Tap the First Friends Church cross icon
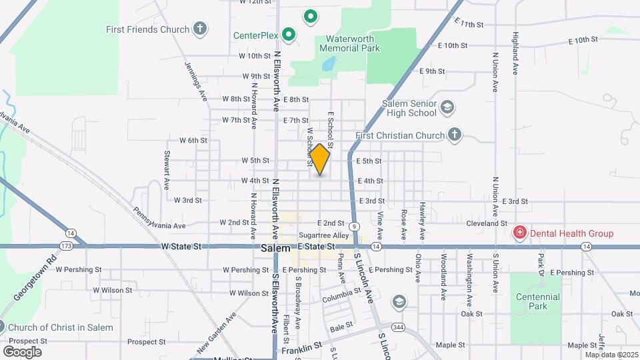(199, 29)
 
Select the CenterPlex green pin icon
(288, 34)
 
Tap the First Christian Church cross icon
(455, 135)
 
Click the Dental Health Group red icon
(519, 233)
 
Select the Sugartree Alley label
(323, 235)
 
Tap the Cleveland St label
(487, 223)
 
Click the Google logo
(21, 351)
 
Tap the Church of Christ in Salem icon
(2, 327)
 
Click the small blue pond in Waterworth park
(327, 65)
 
